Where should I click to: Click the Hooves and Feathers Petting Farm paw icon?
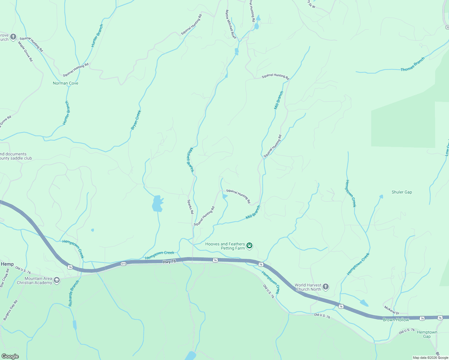[x=249, y=246]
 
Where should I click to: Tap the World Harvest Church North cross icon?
[x=326, y=287]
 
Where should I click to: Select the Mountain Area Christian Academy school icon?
[x=57, y=280]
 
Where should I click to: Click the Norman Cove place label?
[x=65, y=83]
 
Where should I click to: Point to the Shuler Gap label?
[x=402, y=192]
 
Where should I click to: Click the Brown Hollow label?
[x=396, y=320]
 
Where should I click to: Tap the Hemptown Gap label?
[x=427, y=334]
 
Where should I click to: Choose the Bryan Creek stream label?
[x=136, y=120]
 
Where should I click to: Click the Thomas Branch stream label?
[x=413, y=64]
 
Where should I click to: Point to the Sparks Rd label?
[x=190, y=207]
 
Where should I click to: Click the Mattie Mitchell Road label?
[x=231, y=24]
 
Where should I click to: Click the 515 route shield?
[x=123, y=264]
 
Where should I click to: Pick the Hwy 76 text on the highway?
[x=169, y=262]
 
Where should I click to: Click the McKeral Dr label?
[x=392, y=310]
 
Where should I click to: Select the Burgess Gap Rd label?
[x=11, y=310]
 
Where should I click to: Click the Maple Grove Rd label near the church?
[x=25, y=51]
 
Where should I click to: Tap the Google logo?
[x=10, y=356]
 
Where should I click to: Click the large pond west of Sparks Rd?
[x=157, y=204]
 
